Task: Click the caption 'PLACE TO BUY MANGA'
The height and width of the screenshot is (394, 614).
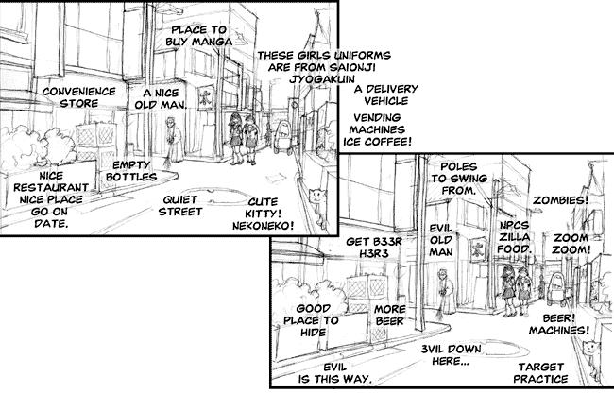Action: tap(199, 36)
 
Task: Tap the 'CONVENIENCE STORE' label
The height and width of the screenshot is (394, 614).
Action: tap(79, 97)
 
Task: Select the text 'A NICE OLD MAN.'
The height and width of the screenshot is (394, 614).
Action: tap(160, 98)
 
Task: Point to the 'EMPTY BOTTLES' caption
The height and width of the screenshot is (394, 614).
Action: tap(131, 171)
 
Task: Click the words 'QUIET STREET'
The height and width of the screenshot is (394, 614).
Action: tap(180, 206)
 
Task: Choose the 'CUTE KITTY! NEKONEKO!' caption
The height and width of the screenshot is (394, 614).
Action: tap(263, 214)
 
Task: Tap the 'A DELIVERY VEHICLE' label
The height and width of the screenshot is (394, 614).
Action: tap(386, 94)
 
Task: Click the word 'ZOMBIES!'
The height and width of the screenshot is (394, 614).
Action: tap(560, 200)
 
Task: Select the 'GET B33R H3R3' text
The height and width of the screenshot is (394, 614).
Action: tap(374, 248)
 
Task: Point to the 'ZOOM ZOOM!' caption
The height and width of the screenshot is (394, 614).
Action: tap(571, 243)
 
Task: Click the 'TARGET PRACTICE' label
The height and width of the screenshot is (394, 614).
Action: tap(540, 373)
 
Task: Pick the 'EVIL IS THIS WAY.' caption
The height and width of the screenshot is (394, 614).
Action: tap(334, 373)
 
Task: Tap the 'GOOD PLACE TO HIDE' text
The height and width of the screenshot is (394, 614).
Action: tap(312, 320)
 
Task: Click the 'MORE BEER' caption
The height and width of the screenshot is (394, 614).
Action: tap(389, 315)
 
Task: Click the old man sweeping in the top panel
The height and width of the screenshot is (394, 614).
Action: tap(172, 140)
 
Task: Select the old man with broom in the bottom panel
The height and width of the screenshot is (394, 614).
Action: tap(446, 291)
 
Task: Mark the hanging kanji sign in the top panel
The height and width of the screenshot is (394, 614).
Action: tap(206, 98)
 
